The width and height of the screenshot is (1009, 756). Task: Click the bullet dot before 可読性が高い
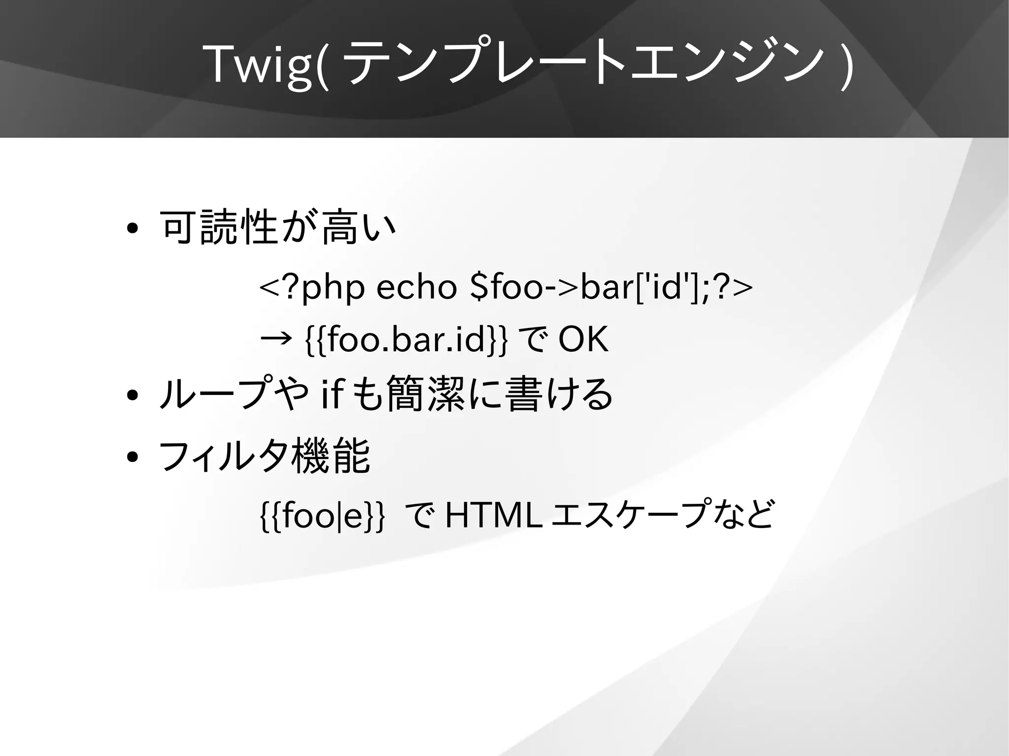point(132,229)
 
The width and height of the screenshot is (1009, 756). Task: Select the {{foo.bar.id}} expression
point(405,340)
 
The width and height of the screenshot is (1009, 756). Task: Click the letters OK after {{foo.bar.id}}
point(583,339)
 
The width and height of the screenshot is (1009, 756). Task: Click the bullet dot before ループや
point(132,395)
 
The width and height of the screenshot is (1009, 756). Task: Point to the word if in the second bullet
point(331,394)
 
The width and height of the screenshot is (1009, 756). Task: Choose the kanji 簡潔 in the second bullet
point(426,394)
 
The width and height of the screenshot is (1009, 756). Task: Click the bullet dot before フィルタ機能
point(132,457)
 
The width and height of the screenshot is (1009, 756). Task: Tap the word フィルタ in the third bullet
point(224,457)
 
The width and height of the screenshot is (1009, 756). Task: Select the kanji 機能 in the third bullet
point(331,457)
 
